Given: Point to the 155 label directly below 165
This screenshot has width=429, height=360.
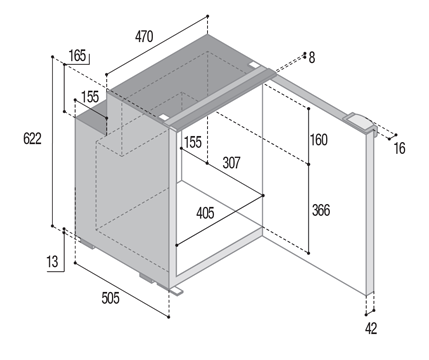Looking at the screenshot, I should [91, 97].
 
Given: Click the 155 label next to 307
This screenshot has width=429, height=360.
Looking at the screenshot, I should [193, 143].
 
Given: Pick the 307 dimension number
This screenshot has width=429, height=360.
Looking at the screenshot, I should [231, 162].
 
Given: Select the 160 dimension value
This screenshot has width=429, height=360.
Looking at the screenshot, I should [318, 140].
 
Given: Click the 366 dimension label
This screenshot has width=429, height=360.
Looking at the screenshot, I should [320, 211].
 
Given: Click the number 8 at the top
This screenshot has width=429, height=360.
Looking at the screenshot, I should [311, 58].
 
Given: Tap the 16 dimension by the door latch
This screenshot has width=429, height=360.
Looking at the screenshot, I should [400, 149].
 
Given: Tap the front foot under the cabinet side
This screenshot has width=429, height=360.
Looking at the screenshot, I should [148, 279].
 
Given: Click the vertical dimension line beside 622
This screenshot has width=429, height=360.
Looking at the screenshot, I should [51, 141].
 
